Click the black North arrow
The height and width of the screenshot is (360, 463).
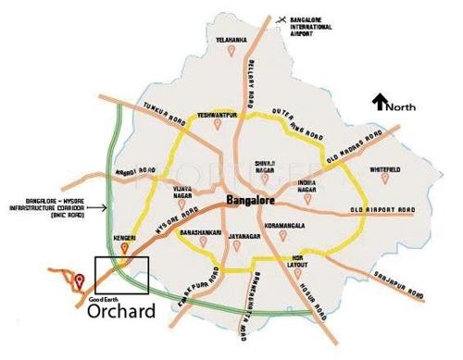pyautogui.click(x=378, y=102)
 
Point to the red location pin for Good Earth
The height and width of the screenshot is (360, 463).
pyautogui.click(x=79, y=279)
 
